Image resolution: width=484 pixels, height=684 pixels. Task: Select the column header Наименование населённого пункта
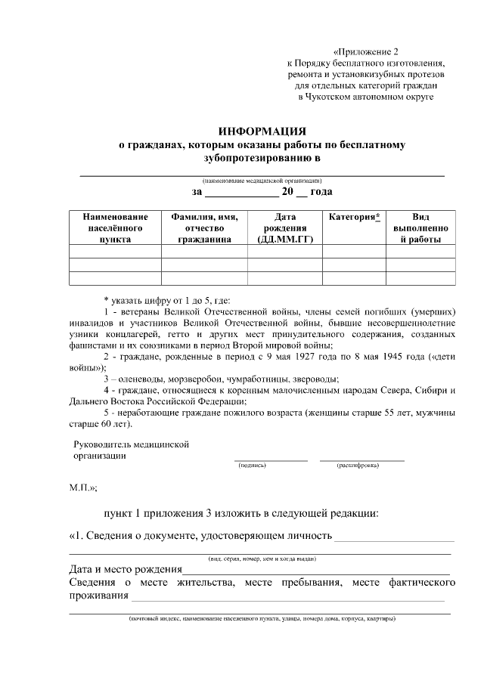[114, 227]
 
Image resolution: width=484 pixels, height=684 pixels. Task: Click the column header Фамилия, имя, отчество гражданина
[204, 227]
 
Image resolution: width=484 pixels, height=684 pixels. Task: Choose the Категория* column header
[354, 217]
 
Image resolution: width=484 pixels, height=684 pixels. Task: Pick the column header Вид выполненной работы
[420, 227]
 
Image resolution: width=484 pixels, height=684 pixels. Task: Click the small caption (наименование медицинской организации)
[262, 181]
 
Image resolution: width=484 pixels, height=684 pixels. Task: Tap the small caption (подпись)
[252, 466]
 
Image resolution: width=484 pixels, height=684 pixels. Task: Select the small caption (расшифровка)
[358, 466]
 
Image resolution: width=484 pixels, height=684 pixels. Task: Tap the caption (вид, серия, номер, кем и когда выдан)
[262, 559]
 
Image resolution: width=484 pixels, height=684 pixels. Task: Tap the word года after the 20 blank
[321, 193]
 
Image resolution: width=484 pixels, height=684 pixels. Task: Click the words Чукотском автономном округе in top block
[370, 97]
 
